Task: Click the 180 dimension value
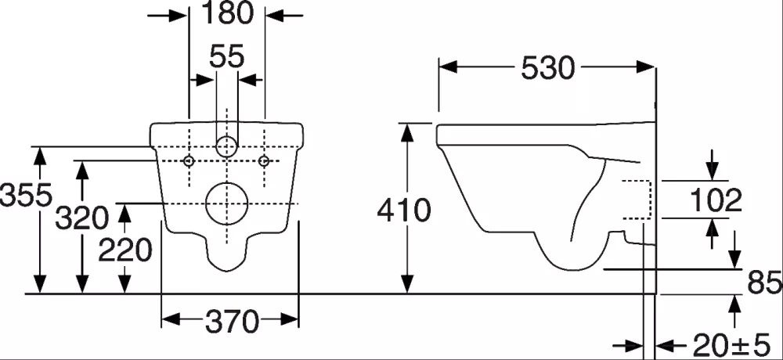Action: click(227, 13)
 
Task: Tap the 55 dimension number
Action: click(227, 56)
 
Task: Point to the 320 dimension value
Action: click(81, 218)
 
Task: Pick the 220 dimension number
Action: click(124, 250)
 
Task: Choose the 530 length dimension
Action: click(547, 68)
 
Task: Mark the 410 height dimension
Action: click(404, 211)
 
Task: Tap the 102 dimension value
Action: click(716, 201)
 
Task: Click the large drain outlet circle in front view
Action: click(226, 203)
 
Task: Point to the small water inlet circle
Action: click(226, 146)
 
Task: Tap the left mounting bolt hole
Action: click(189, 160)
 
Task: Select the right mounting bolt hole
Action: click(265, 160)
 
